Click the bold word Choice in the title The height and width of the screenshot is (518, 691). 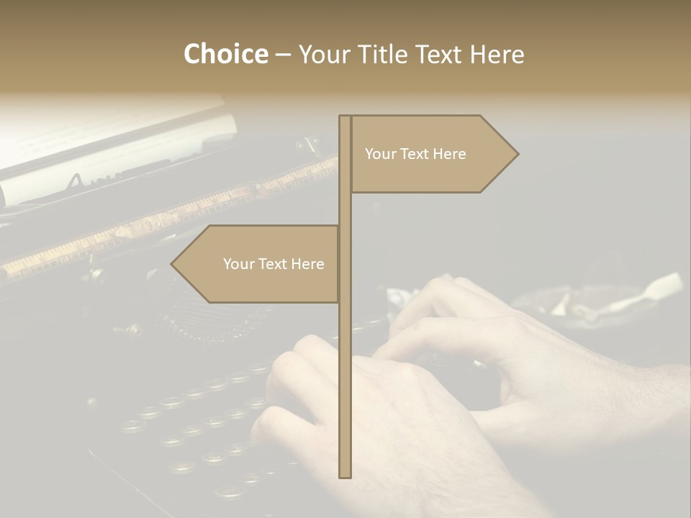coord(225,54)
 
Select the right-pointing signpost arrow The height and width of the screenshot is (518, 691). coord(432,154)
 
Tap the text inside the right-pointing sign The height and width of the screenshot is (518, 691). coord(415,154)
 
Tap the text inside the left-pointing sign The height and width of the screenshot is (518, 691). coord(274,264)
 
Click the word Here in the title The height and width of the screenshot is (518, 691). coord(497,54)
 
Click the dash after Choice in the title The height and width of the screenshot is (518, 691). coord(283,55)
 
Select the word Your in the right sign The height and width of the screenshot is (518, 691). coord(379,154)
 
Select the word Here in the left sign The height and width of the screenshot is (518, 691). coord(307,264)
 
